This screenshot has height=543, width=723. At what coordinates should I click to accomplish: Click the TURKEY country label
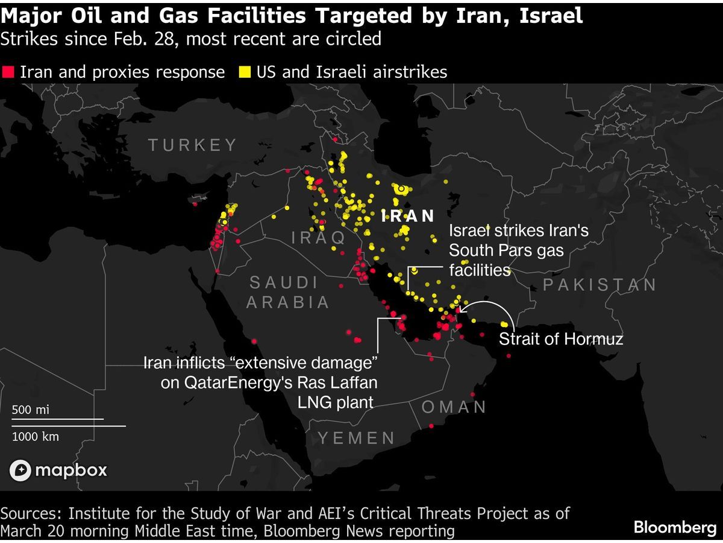(x=193, y=145)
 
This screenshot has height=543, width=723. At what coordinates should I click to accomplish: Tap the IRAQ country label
(x=319, y=237)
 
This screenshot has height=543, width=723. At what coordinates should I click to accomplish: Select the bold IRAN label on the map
(x=408, y=216)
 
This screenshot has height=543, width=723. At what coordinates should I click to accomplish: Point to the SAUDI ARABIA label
(x=287, y=292)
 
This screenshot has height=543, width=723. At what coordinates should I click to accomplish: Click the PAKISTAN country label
(x=599, y=285)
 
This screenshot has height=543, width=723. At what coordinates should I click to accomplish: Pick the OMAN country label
(x=454, y=407)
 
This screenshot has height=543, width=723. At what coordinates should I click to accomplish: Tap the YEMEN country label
(x=356, y=438)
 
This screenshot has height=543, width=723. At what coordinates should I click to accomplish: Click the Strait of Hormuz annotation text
(x=560, y=339)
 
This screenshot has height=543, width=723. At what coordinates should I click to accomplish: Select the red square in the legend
(x=8, y=72)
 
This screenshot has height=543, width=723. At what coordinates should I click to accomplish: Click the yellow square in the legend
(x=245, y=72)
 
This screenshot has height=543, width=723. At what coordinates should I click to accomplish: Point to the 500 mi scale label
(x=30, y=410)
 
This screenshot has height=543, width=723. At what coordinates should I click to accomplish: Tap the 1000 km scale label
(x=36, y=436)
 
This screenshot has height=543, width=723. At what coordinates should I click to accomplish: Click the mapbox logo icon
(x=21, y=471)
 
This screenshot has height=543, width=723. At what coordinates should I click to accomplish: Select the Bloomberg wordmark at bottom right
(x=674, y=527)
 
